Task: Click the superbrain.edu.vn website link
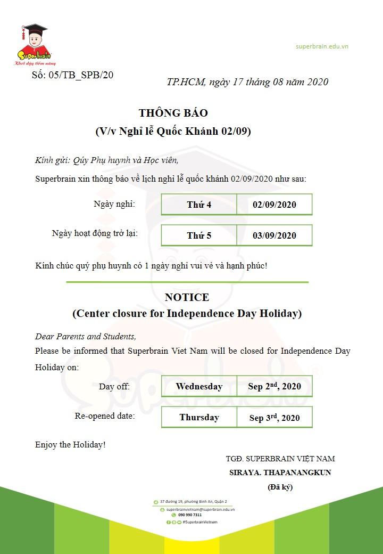click(322, 46)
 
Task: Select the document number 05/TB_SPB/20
click(72, 75)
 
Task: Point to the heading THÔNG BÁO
click(173, 113)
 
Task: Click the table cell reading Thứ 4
click(199, 205)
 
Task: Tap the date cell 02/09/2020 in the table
click(274, 205)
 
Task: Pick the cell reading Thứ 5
click(199, 235)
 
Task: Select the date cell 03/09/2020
click(274, 235)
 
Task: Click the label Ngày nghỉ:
click(114, 203)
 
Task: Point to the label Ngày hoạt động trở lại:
click(95, 233)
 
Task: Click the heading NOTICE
click(187, 297)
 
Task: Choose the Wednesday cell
click(199, 386)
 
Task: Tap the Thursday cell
click(199, 417)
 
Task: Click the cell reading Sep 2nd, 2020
click(274, 386)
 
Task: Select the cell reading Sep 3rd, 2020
click(274, 417)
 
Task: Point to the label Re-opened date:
click(105, 415)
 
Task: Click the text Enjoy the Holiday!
click(70, 444)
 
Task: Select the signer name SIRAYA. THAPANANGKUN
click(280, 472)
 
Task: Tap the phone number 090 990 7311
click(190, 515)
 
